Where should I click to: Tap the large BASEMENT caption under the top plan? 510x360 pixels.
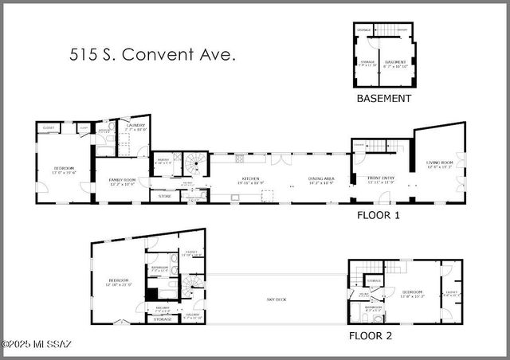[383, 99]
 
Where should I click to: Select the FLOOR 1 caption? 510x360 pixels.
[379, 215]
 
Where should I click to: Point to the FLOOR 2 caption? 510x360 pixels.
[370, 335]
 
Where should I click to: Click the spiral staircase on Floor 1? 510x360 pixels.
[195, 165]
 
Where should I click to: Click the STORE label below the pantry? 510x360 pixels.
[164, 196]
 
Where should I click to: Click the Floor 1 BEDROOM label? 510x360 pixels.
[64, 169]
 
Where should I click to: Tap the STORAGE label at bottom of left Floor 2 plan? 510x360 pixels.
[162, 319]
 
